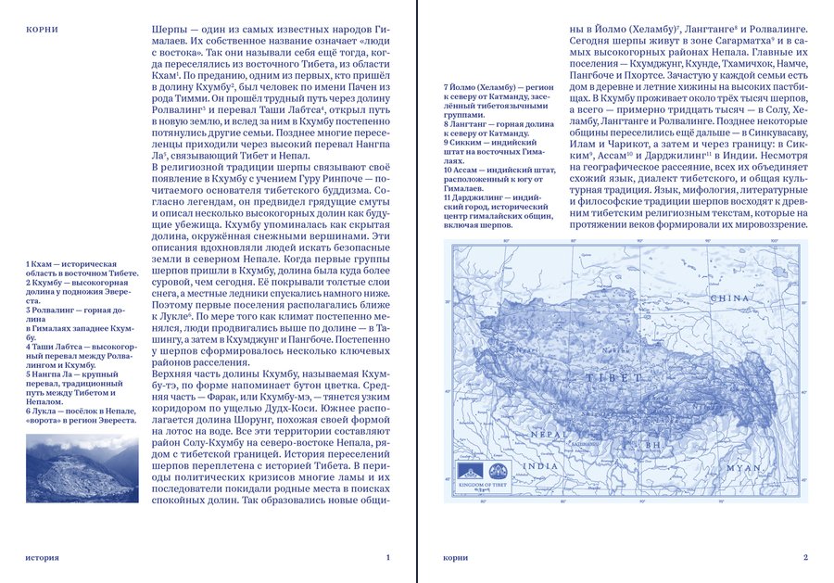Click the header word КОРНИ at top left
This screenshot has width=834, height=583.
coord(42,30)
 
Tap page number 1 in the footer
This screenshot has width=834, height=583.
coord(387,557)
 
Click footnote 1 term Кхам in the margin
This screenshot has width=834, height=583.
coord(42,265)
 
